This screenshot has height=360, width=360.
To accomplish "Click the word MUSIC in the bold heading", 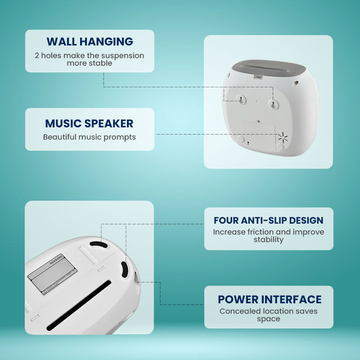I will pyautogui.click(x=63, y=124).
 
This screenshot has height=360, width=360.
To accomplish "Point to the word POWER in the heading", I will pyautogui.click(x=238, y=300).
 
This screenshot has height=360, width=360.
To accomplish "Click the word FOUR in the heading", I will pyautogui.click(x=226, y=220).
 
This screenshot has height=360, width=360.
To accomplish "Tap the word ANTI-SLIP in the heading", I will pyautogui.click(x=265, y=220).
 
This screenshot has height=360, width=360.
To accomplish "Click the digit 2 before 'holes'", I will pyautogui.click(x=37, y=56).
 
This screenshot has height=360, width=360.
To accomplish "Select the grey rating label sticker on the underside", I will pyautogui.click(x=52, y=273).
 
